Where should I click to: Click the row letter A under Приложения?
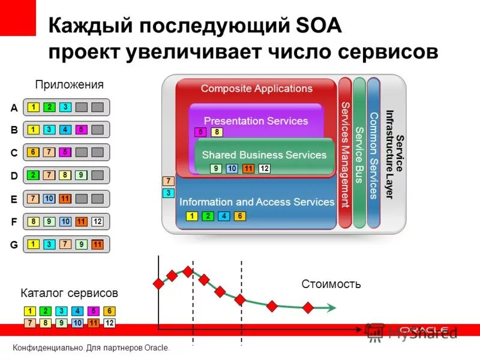[x=14, y=108]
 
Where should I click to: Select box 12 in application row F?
[x=97, y=222]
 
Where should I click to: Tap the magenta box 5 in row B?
[x=82, y=130]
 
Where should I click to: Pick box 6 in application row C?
[x=34, y=152]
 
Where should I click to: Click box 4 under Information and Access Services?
[x=224, y=217]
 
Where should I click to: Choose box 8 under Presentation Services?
[x=217, y=133]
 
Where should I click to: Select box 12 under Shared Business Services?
[x=264, y=169]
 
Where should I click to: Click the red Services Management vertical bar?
[x=345, y=153]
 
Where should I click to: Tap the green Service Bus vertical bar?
[x=359, y=153]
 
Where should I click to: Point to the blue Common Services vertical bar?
[x=373, y=153]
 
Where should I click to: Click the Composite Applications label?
[x=256, y=89]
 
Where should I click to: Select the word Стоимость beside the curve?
[x=331, y=284]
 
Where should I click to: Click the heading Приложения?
[x=69, y=85]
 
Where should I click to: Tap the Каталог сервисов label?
[x=69, y=293]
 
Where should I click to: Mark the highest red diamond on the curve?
[x=188, y=271]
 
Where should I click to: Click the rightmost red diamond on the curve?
[x=308, y=308]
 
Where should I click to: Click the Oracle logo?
[x=424, y=331]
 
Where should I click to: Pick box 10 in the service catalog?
[x=77, y=323]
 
